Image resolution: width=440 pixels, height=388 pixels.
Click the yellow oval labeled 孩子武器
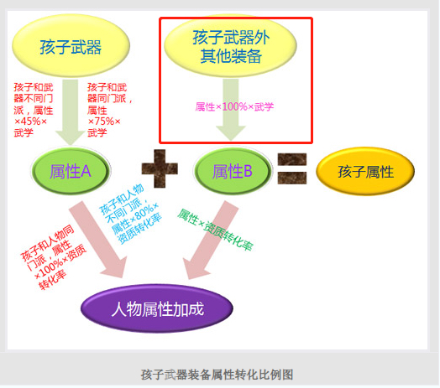(x=71, y=45)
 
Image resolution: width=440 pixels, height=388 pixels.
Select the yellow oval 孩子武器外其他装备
(x=230, y=45)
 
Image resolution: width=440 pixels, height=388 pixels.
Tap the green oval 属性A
(x=71, y=171)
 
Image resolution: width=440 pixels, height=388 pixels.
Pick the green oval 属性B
(x=233, y=171)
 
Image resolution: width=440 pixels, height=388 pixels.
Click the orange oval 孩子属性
(x=365, y=171)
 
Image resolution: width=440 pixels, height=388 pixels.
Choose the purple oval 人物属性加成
(x=157, y=308)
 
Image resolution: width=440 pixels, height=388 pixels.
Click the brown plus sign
(x=160, y=168)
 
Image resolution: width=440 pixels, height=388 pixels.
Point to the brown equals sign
(x=292, y=168)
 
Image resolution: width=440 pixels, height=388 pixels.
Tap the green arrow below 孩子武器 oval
(x=71, y=112)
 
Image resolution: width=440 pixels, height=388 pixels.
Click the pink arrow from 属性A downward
(x=98, y=240)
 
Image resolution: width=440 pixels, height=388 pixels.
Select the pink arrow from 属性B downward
(x=211, y=240)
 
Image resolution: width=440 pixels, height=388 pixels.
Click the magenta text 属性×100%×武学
(x=234, y=106)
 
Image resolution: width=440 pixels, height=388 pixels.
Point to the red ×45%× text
(x=30, y=122)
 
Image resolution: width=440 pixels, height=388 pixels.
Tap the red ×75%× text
(x=104, y=122)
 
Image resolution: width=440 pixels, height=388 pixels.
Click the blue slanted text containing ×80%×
(x=130, y=215)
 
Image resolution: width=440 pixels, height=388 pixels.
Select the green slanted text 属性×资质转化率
(x=216, y=230)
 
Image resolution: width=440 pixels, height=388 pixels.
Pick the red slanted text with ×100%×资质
(x=53, y=257)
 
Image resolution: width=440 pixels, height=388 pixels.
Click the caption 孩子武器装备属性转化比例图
(x=217, y=375)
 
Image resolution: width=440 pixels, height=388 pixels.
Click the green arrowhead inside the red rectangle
(x=231, y=132)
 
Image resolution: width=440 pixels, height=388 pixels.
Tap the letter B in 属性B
(x=248, y=171)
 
